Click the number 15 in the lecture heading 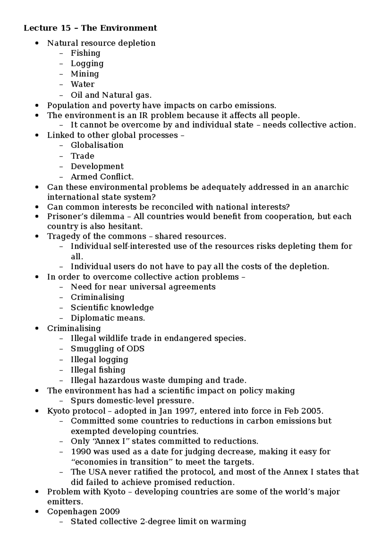tap(65, 28)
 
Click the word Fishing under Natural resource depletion tap(85, 53)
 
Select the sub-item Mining tap(85, 74)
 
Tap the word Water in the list tap(83, 84)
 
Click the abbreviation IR tap(143, 115)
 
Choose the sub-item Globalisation tap(97, 145)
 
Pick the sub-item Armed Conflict tap(102, 177)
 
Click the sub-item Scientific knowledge tap(112, 308)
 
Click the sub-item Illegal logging tap(99, 360)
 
